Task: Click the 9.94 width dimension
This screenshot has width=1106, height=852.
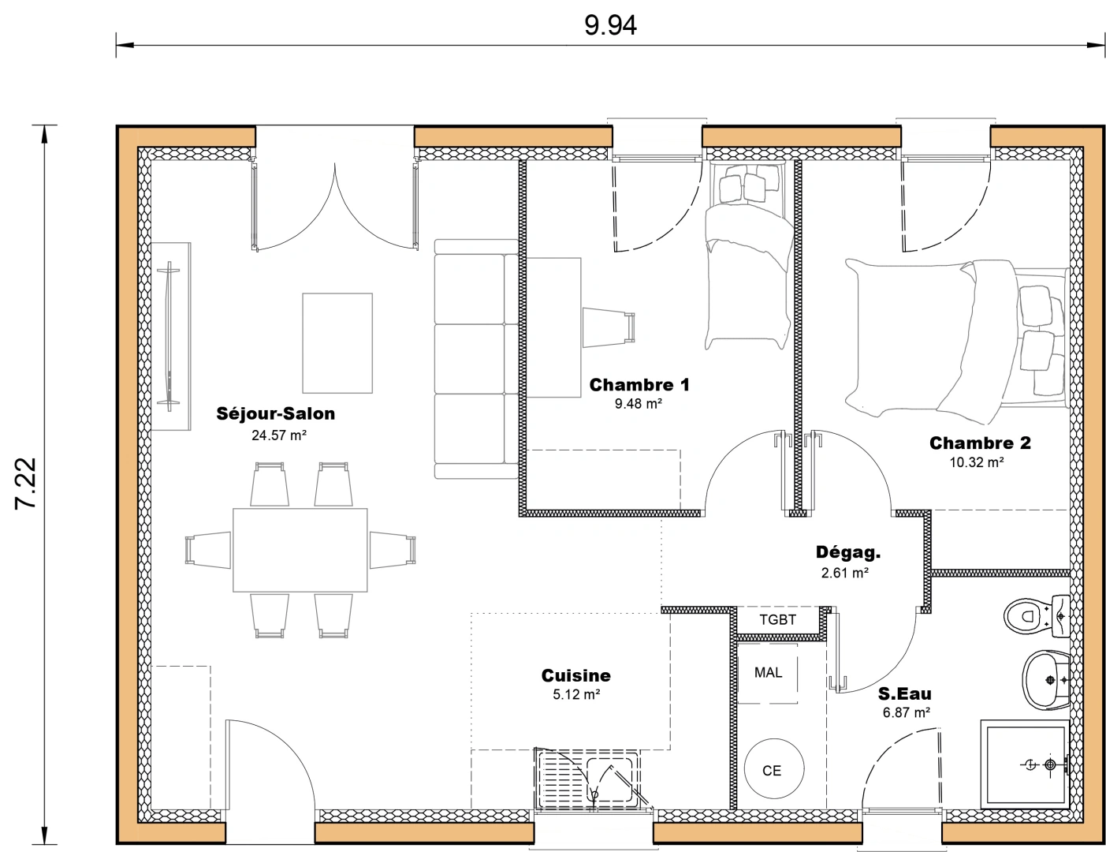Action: [x=609, y=25]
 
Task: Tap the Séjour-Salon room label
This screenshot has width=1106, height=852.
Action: [x=276, y=413]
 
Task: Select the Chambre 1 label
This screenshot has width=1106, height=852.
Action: [x=639, y=385]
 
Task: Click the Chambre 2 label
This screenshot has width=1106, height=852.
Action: [x=980, y=443]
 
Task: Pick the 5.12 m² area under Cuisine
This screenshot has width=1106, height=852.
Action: [x=576, y=695]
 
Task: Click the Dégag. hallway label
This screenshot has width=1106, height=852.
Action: [x=847, y=553]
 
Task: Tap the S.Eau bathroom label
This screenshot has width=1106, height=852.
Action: [x=904, y=694]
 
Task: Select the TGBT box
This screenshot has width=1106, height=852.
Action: [x=777, y=620]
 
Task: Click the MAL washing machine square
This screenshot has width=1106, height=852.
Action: [x=768, y=673]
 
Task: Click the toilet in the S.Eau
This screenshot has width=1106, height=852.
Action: [x=1034, y=615]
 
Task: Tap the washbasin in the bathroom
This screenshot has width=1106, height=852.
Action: [x=1045, y=679]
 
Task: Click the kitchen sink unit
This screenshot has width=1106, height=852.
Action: [x=588, y=780]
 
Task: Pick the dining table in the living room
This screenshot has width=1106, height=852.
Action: [x=300, y=550]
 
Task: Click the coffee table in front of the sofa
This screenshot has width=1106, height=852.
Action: [x=337, y=342]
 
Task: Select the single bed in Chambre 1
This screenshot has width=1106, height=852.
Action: [x=748, y=268]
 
